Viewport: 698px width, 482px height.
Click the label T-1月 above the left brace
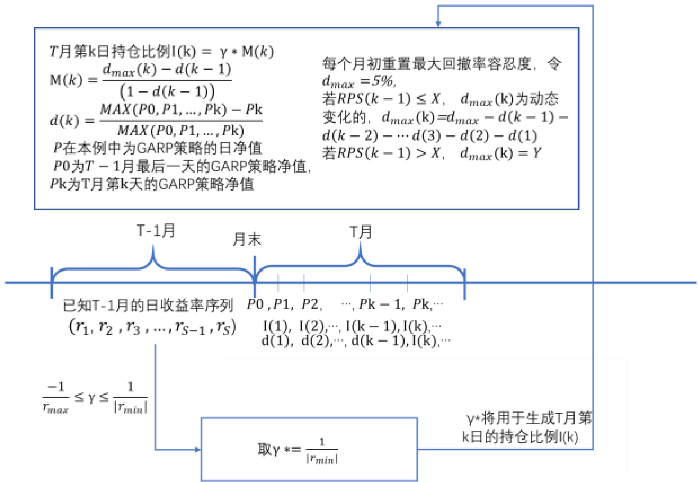pyautogui.click(x=156, y=231)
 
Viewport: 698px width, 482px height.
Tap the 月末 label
pyautogui.click(x=247, y=239)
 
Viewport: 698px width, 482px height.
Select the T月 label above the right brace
pyautogui.click(x=360, y=232)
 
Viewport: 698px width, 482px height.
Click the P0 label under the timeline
pyautogui.click(x=255, y=304)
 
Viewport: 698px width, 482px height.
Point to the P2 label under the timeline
pyautogui.click(x=310, y=304)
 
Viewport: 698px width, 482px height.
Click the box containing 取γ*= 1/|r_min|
pyautogui.click(x=309, y=449)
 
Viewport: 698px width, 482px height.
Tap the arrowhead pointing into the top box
pyautogui.click(x=438, y=23)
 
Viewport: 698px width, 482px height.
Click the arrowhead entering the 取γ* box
pyautogui.click(x=197, y=449)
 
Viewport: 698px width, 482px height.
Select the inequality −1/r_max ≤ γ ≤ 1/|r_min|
pyautogui.click(x=95, y=398)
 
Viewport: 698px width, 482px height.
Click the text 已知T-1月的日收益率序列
pyautogui.click(x=148, y=305)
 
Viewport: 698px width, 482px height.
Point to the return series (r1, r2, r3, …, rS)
pyautogui.click(x=152, y=327)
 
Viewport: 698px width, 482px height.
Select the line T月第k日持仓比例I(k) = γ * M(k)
pyautogui.click(x=161, y=52)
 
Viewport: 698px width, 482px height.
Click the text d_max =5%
pyautogui.click(x=359, y=81)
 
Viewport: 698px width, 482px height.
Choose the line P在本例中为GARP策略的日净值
pyautogui.click(x=158, y=148)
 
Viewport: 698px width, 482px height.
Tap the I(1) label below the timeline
pyautogui.click(x=275, y=326)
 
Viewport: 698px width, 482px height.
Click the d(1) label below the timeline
pyautogui.click(x=275, y=341)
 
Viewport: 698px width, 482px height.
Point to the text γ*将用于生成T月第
pyautogui.click(x=529, y=417)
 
